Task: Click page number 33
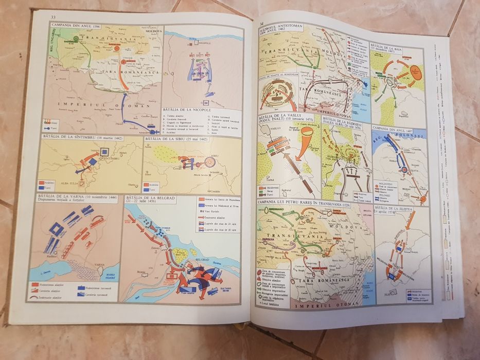[53, 19]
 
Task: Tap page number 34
[262, 24]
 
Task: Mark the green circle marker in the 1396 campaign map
[76, 38]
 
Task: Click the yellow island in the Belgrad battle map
[181, 252]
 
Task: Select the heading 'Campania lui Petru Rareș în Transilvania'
[299, 205]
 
